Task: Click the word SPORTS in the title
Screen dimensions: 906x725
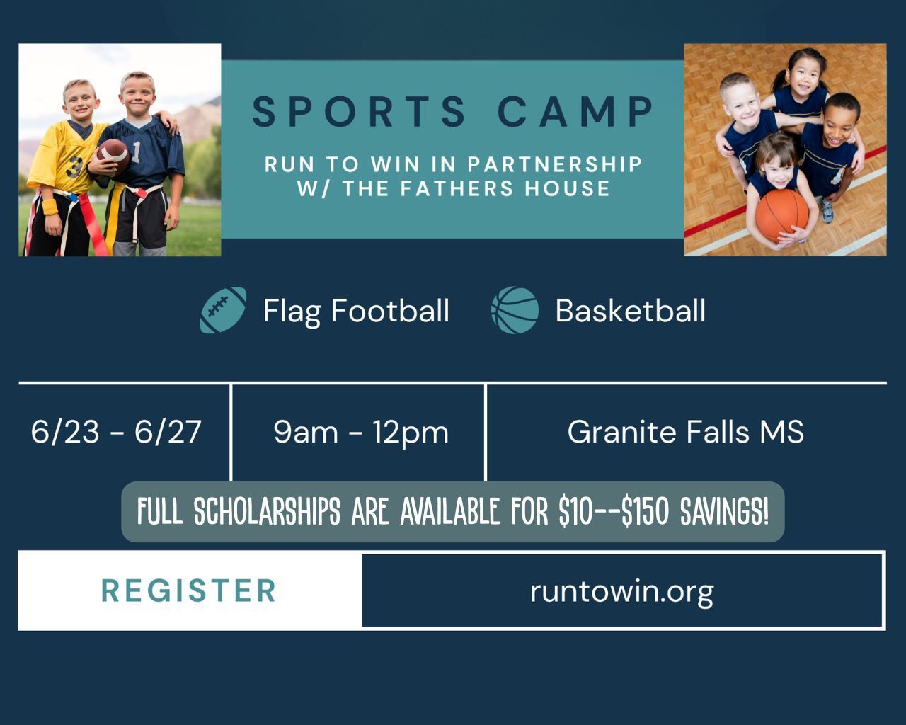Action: [x=359, y=111]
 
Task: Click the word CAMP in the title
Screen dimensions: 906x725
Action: [x=575, y=111]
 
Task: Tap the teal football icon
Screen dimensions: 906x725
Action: [x=223, y=310]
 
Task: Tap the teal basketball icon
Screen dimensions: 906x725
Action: [x=515, y=310]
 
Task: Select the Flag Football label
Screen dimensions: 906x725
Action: [x=356, y=312]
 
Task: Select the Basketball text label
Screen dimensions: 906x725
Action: [x=630, y=311]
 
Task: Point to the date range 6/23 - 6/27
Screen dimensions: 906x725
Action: [x=116, y=432]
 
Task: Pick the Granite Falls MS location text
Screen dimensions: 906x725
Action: [x=685, y=431]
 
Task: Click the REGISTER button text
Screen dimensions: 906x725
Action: [x=188, y=590]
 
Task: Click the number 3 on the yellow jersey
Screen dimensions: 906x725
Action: [x=74, y=167]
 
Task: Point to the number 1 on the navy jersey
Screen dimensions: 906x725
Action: [x=136, y=152]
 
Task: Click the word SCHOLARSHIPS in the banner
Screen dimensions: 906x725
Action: [x=267, y=511]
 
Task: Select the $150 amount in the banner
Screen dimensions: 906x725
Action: [x=645, y=511]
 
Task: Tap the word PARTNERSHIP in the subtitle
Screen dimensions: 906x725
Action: [x=555, y=164]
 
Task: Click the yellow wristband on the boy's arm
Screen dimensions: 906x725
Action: [x=50, y=207]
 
